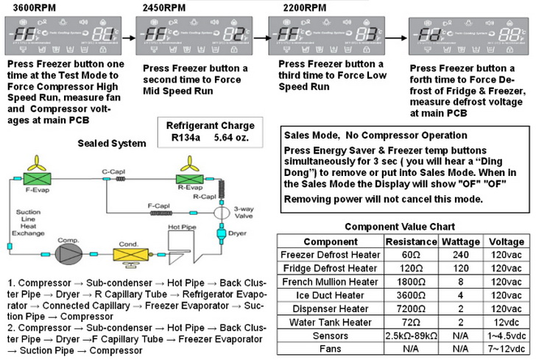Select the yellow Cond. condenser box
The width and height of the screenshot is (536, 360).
127,253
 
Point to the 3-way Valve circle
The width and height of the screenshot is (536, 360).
219,209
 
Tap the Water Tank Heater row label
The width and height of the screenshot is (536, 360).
330,321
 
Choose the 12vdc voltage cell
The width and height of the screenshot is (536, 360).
505,321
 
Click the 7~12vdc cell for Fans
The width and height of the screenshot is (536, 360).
505,347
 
